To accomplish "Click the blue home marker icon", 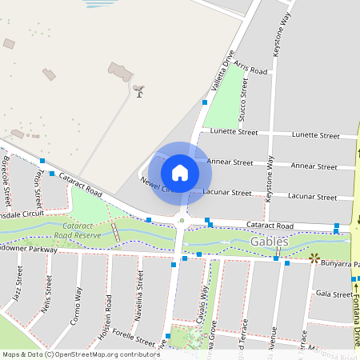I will pyautogui.click(x=179, y=173).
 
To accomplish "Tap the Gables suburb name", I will pyautogui.click(x=268, y=241).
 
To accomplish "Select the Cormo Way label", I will pyautogui.click(x=78, y=303).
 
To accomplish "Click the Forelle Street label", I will pyautogui.click(x=133, y=338).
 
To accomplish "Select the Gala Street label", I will pyautogui.click(x=334, y=294).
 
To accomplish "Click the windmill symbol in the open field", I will pyautogui.click(x=139, y=91).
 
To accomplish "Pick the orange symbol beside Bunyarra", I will pyautogui.click(x=314, y=258).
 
